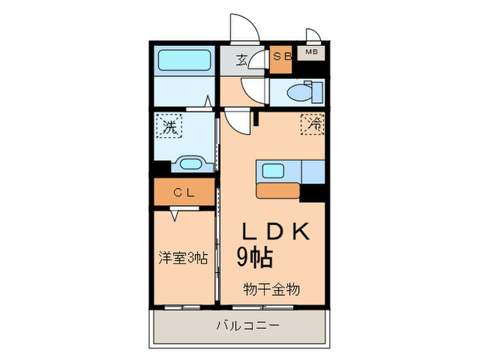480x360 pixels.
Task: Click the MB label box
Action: pyautogui.click(x=311, y=52)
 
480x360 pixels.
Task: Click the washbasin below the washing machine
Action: pyautogui.click(x=188, y=165)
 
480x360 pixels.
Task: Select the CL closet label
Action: pyautogui.click(x=183, y=193)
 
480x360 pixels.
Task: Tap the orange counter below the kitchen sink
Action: pyautogui.click(x=278, y=191)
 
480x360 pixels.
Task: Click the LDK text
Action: pyautogui.click(x=271, y=231)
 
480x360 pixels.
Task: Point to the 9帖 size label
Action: pyautogui.click(x=256, y=257)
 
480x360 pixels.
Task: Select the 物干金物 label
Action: pyautogui.click(x=272, y=289)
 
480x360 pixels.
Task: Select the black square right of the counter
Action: pyautogui.click(x=313, y=193)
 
